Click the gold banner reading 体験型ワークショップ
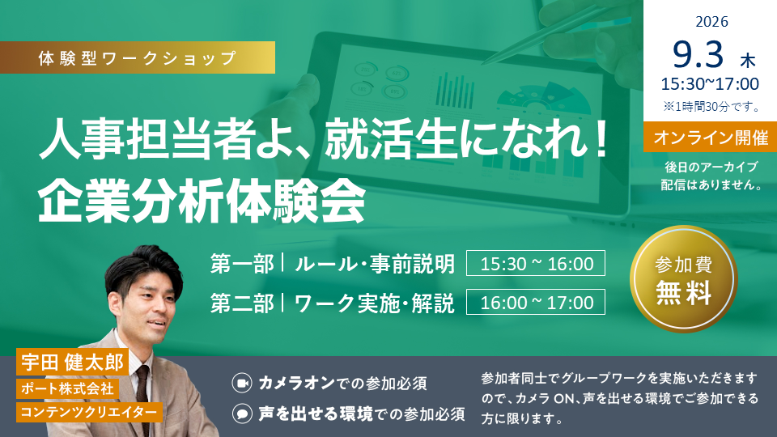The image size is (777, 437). tap(138, 57)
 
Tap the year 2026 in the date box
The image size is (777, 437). tap(711, 22)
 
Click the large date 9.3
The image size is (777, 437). tap(698, 54)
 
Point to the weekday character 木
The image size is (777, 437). tap(748, 61)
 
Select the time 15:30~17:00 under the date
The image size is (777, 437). tap(710, 84)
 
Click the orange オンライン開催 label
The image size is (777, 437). tap(710, 137)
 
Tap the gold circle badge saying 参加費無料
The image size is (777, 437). tap(684, 279)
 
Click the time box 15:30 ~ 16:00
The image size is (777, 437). tap(536, 263)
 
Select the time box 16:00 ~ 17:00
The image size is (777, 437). tap(536, 302)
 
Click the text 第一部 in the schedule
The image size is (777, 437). tap(242, 264)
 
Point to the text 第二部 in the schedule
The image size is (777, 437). tap(242, 303)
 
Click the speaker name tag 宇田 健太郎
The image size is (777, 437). tap(72, 363)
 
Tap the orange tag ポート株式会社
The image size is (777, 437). tap(67, 388)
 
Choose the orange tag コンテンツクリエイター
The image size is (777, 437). tap(89, 412)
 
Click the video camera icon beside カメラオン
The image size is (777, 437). tap(242, 383)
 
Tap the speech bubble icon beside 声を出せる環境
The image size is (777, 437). tap(242, 414)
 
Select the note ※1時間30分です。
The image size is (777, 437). tap(711, 107)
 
